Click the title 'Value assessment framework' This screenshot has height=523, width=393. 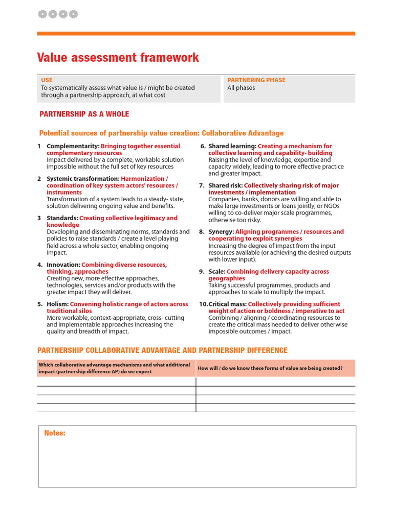tap(118, 58)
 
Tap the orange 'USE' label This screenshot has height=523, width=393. tap(47, 80)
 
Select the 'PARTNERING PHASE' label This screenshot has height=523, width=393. tap(256, 80)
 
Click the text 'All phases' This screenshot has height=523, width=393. tap(241, 88)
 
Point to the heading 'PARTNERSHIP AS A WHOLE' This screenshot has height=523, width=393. tap(84, 114)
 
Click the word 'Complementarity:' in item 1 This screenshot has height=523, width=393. tap(73, 146)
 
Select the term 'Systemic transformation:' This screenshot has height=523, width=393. tap(83, 179)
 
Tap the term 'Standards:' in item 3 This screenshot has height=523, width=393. tap(62, 218)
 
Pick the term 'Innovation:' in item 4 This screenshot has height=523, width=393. tap(63, 265)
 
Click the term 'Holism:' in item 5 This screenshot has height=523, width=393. tap(57, 304)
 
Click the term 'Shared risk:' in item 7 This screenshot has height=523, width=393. tap(226, 185)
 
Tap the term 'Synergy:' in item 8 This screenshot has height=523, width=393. tap(221, 231)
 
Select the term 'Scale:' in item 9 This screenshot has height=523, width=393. tap(217, 271)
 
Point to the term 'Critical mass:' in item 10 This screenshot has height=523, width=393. tap(228, 304)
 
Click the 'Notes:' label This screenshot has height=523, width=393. tap(55, 433)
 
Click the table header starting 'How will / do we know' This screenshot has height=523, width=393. tap(270, 368)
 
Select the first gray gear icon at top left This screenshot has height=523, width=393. tap(42, 14)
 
